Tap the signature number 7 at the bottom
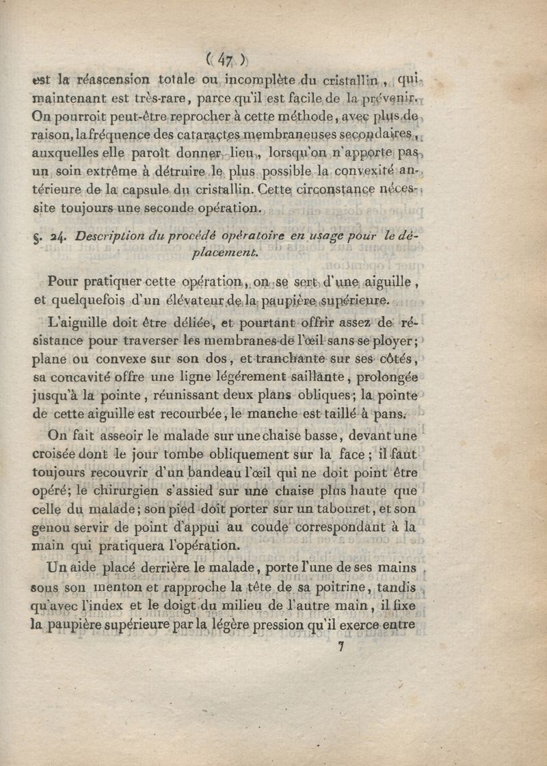[340, 647]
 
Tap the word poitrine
[321, 587]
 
